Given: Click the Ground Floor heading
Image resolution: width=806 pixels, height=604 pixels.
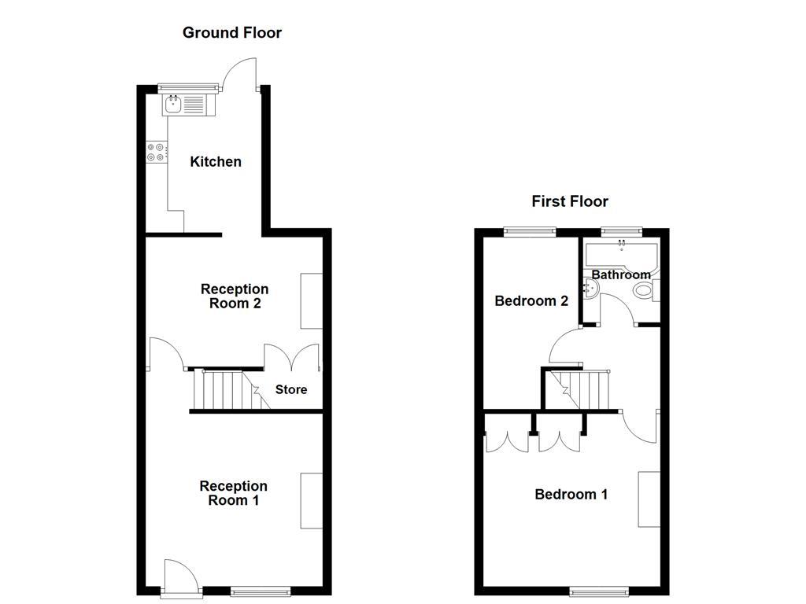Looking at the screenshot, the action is pyautogui.click(x=232, y=33).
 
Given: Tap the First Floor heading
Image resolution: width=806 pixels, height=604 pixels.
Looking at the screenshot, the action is pyautogui.click(x=570, y=201).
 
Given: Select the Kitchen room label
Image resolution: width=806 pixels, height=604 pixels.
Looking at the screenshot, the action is pyautogui.click(x=216, y=162).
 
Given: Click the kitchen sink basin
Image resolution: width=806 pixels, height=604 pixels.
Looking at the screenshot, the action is pyautogui.click(x=172, y=105).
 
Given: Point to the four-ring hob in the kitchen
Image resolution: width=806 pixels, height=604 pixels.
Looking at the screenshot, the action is pyautogui.click(x=156, y=152).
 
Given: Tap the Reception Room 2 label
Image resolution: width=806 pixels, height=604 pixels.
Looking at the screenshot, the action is pyautogui.click(x=235, y=296).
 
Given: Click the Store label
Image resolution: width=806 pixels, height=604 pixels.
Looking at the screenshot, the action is pyautogui.click(x=291, y=390).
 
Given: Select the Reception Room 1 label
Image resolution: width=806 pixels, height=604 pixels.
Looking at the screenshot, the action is pyautogui.click(x=233, y=493).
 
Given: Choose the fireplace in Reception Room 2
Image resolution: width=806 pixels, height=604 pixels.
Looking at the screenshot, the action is pyautogui.click(x=312, y=301).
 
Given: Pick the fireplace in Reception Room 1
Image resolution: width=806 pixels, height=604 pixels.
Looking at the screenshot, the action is pyautogui.click(x=312, y=501).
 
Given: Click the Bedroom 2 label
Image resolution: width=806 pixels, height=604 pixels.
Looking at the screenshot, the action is pyautogui.click(x=531, y=301).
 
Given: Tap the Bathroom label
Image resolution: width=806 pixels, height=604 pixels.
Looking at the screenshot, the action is pyautogui.click(x=621, y=274).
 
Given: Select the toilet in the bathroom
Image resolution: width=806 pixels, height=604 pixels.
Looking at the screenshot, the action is pyautogui.click(x=647, y=291).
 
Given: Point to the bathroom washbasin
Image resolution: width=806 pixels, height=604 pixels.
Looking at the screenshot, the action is pyautogui.click(x=590, y=289).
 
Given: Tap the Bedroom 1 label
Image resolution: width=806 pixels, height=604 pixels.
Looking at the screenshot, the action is pyautogui.click(x=571, y=495).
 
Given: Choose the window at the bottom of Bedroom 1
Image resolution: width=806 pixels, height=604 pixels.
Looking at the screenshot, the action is pyautogui.click(x=599, y=591).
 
